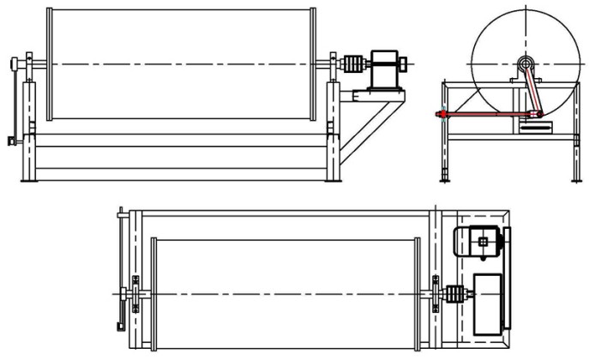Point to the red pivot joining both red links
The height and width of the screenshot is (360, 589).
click(538, 113)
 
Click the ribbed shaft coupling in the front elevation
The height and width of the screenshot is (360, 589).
click(352, 63)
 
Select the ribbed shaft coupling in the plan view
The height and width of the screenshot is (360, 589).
click(454, 295)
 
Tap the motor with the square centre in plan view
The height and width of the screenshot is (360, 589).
click(483, 242)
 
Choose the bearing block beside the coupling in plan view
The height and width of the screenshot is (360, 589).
click(438, 293)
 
